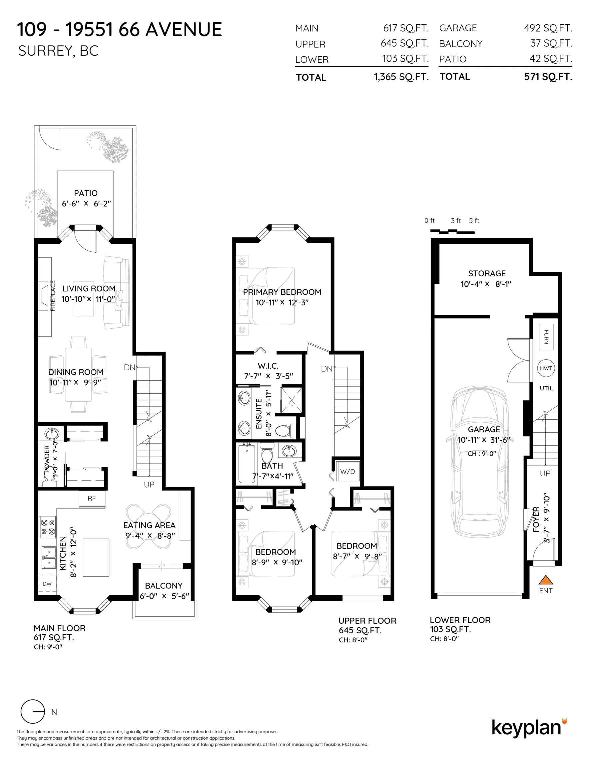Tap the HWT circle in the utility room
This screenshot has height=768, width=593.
[x=546, y=368]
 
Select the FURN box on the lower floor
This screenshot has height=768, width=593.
[x=546, y=337]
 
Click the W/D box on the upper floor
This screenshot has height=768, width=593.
[x=347, y=472]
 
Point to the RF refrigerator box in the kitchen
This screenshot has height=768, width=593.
[x=92, y=499]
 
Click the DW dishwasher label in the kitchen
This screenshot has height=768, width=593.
[x=47, y=584]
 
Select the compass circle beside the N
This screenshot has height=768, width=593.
[x=33, y=711]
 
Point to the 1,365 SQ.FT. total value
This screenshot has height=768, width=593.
[x=401, y=77]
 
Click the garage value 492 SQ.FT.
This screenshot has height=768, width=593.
[x=548, y=28]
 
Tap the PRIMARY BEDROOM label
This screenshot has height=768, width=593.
[x=282, y=292]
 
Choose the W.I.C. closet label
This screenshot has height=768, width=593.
[x=268, y=366]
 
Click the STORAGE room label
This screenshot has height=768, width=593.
[x=487, y=273]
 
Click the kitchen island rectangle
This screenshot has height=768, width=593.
[x=96, y=558]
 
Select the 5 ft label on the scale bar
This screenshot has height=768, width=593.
[x=474, y=220]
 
